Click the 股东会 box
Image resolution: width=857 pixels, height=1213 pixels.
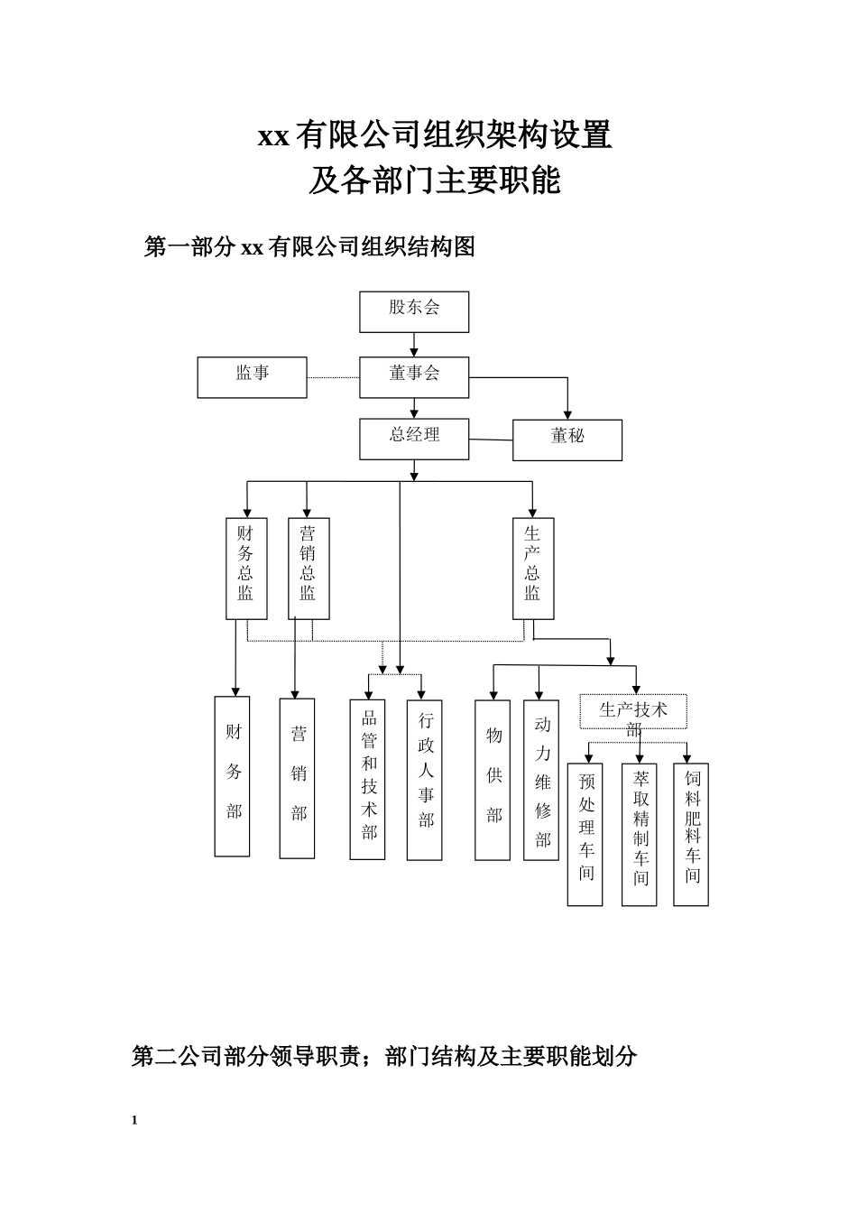[414, 311]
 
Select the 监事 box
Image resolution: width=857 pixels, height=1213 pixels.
[253, 376]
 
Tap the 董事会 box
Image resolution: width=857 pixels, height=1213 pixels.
[414, 376]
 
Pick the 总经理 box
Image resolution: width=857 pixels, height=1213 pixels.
[414, 439]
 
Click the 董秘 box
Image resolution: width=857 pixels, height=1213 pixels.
[567, 440]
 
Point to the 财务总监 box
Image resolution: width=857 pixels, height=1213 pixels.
[246, 568]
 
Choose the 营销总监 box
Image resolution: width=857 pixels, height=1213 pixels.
[309, 568]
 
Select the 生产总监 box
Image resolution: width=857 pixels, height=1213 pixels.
[533, 568]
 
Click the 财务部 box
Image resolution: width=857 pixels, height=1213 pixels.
[232, 776]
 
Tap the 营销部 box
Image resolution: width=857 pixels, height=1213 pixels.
[297, 778]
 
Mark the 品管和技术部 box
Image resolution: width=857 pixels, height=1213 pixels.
[368, 779]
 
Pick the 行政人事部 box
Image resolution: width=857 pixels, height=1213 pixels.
[425, 779]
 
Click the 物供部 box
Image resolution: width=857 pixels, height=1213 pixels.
[493, 779]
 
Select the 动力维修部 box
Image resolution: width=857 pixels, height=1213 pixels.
[541, 779]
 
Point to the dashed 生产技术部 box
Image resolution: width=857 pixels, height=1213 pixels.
[633, 712]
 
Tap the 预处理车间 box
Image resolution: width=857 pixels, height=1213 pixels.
[585, 834]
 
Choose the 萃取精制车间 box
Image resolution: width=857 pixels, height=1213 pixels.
[640, 834]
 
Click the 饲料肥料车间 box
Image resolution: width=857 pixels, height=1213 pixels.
[691, 834]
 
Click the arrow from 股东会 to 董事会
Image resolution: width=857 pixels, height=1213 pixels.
[414, 344]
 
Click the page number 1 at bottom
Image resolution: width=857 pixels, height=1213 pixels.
[134, 1120]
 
